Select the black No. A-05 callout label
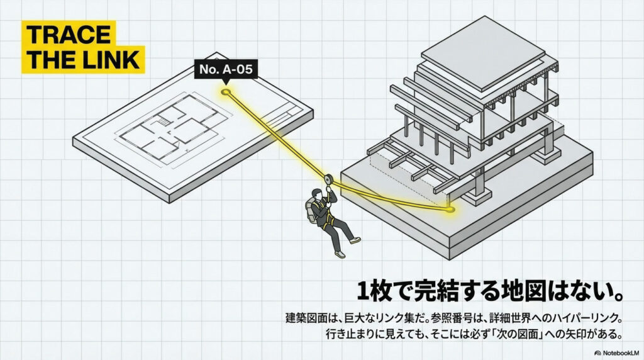coord(226,70)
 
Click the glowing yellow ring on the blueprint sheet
coord(226,93)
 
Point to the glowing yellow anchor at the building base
coord(451,208)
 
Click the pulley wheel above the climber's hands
coord(328,179)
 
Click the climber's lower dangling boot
coord(340,253)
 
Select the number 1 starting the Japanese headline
coord(364,291)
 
